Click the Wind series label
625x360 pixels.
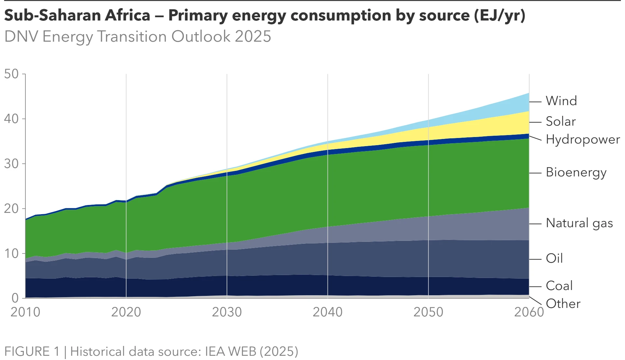561,101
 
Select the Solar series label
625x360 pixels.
561,121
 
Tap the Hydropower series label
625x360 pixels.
583,139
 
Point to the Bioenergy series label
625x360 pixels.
576,172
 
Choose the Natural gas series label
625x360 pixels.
579,223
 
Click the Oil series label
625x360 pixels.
554,258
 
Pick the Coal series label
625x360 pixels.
559,286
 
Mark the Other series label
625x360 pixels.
563,304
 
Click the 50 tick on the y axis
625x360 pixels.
11,74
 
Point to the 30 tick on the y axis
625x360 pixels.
11,164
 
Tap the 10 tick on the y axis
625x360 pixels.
11,254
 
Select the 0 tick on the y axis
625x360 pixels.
15,298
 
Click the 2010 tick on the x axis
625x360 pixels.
25,312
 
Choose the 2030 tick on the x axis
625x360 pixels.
227,312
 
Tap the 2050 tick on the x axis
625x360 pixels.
428,312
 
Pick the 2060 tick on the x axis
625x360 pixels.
529,312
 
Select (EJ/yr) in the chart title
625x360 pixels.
500,15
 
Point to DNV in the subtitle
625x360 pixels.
21,36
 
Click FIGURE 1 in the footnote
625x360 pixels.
32,352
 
